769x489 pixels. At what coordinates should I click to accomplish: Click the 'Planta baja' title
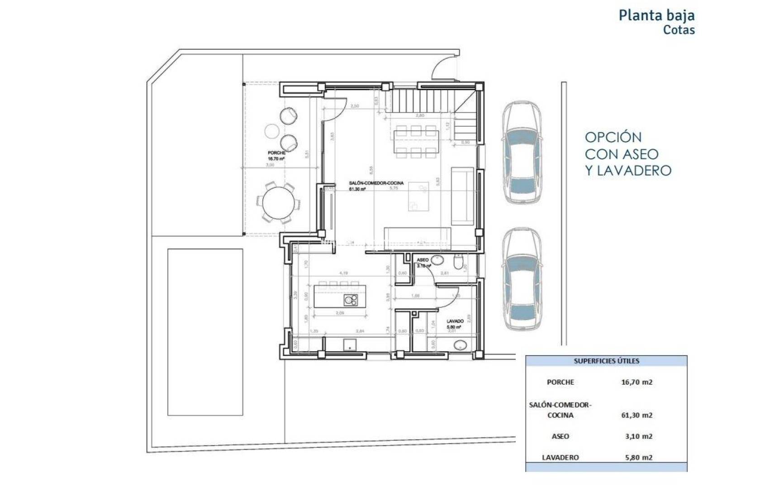[x=656, y=15]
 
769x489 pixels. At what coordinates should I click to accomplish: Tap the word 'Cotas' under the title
[x=679, y=30]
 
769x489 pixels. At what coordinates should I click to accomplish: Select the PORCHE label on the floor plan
[x=276, y=153]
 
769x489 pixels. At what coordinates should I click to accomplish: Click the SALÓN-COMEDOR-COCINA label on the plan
[x=376, y=183]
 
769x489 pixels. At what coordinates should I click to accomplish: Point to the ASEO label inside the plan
[x=422, y=260]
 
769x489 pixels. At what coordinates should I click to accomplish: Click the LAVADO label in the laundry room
[x=455, y=321]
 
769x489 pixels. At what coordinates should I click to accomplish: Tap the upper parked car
[x=522, y=153]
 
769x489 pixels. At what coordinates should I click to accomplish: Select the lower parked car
[x=522, y=279]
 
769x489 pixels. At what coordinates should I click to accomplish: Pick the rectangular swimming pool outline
[x=205, y=332]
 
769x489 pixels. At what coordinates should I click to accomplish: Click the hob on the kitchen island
[x=351, y=300]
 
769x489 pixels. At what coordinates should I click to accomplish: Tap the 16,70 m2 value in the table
[x=636, y=382]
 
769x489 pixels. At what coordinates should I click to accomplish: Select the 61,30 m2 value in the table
[x=636, y=415]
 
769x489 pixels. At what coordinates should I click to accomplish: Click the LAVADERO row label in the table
[x=560, y=457]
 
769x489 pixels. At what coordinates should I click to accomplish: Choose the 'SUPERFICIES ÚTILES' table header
[x=606, y=361]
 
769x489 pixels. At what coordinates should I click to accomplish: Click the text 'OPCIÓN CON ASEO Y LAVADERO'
[x=627, y=154]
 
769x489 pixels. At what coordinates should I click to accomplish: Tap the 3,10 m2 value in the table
[x=638, y=436]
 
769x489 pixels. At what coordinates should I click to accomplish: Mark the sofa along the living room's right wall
[x=462, y=196]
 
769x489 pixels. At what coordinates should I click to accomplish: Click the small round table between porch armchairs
[x=271, y=131]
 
